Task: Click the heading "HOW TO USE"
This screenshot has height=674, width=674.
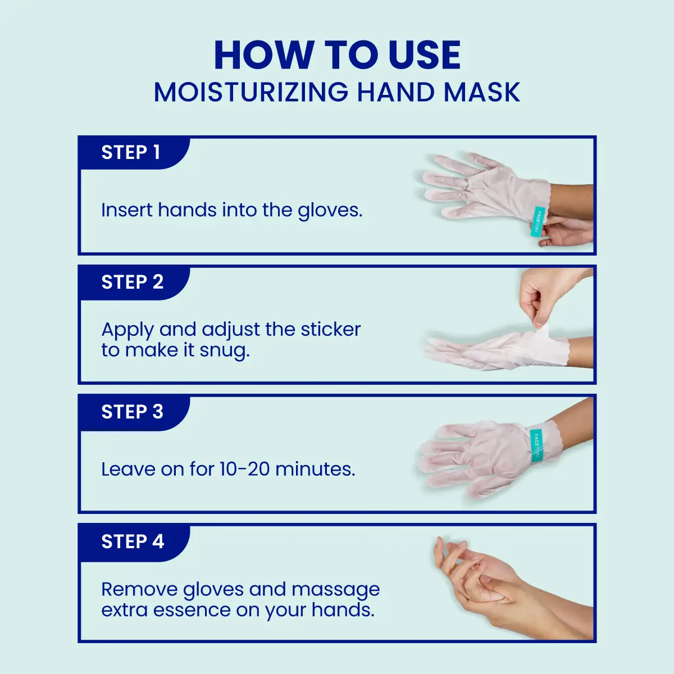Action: pyautogui.click(x=337, y=55)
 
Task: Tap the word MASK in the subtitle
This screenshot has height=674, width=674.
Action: pyautogui.click(x=481, y=93)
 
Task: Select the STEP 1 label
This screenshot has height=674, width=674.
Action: pyautogui.click(x=131, y=152)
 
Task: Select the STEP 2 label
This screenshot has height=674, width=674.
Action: pyautogui.click(x=132, y=282)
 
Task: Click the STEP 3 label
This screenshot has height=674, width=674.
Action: pyautogui.click(x=132, y=412)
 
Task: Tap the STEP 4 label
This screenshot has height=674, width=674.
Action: pyautogui.click(x=133, y=541)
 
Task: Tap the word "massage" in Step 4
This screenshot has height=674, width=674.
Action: pyautogui.click(x=335, y=590)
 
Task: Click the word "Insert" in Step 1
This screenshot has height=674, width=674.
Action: pyautogui.click(x=126, y=210)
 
